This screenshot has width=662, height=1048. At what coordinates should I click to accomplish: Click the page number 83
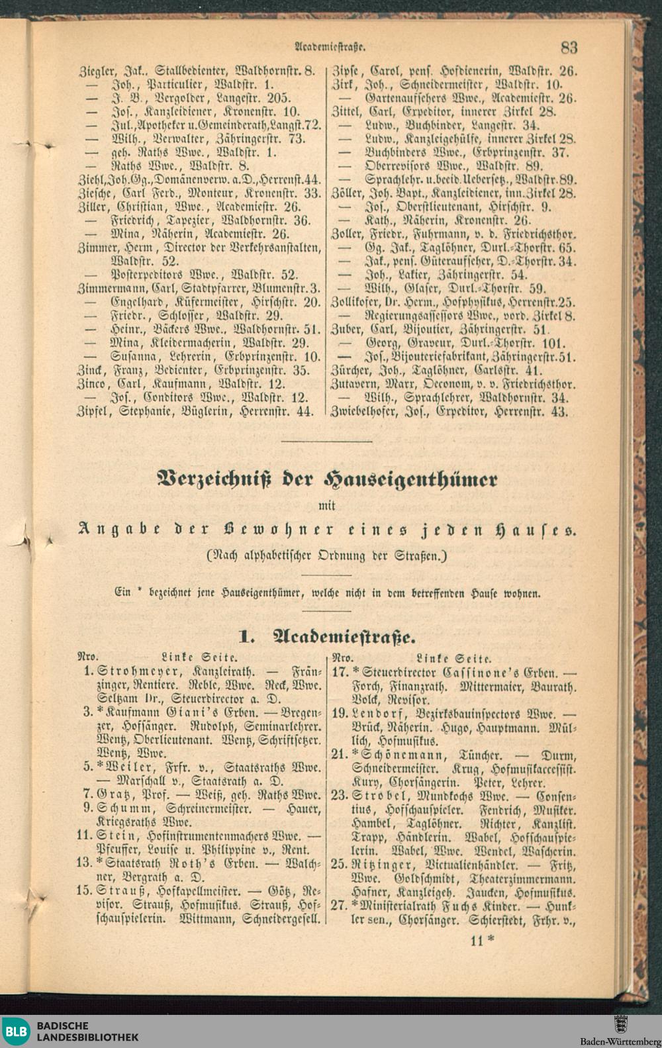569,47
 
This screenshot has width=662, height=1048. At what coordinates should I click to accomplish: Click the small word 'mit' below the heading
328,506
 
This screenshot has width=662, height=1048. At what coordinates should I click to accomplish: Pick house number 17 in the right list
340,671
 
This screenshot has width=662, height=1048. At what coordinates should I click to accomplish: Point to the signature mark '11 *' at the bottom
482,940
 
